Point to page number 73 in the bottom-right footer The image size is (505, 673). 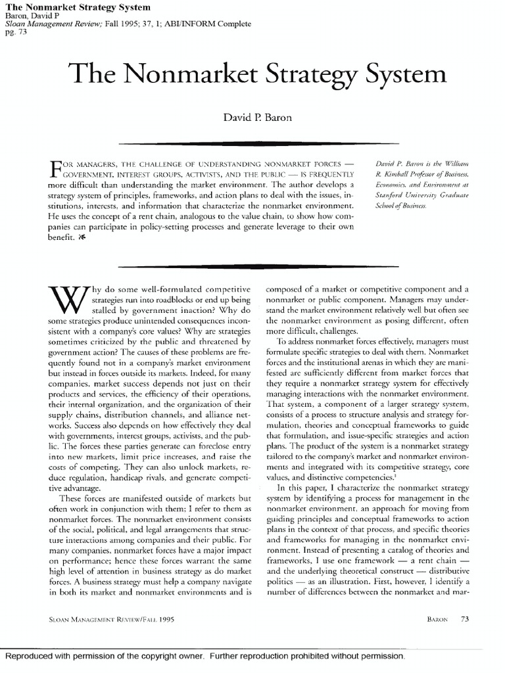click(464, 618)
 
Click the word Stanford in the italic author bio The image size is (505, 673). click(397, 195)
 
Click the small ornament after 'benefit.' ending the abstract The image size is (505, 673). click(81, 239)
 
